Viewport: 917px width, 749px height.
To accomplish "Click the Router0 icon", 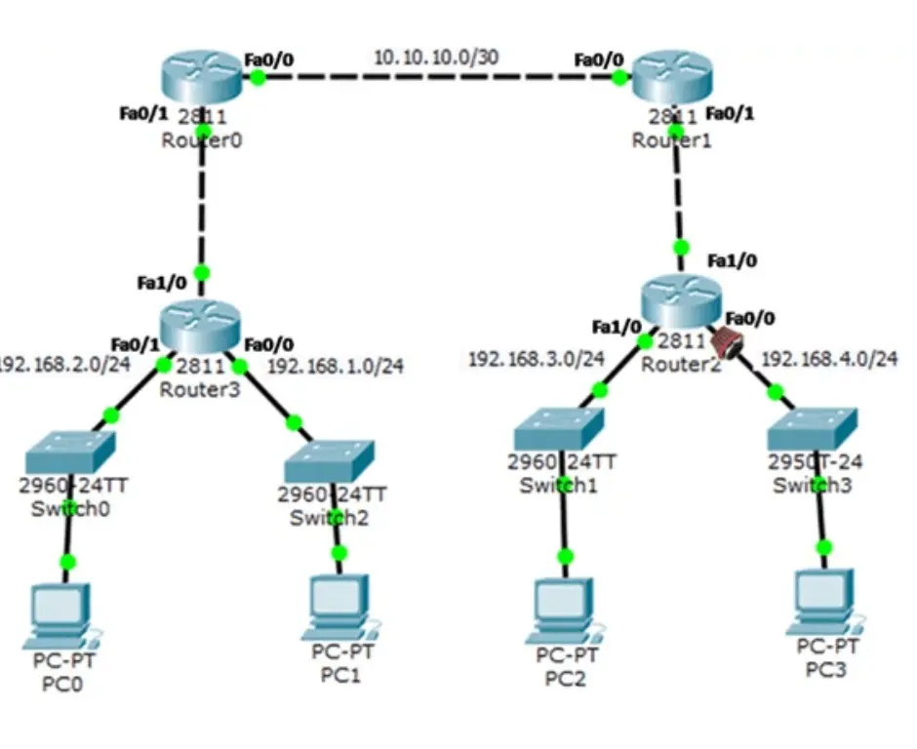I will point(201,78).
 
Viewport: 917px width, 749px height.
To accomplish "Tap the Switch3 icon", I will point(814,430).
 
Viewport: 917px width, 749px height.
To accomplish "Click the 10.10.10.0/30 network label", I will point(435,58).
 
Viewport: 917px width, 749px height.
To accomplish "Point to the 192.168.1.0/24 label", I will point(335,367).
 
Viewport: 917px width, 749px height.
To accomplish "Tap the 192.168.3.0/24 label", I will point(537,359).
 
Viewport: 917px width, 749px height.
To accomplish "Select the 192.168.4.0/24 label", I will point(829,359).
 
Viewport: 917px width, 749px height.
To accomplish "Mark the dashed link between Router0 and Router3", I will point(202,205).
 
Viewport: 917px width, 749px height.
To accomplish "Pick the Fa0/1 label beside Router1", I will point(730,113).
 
